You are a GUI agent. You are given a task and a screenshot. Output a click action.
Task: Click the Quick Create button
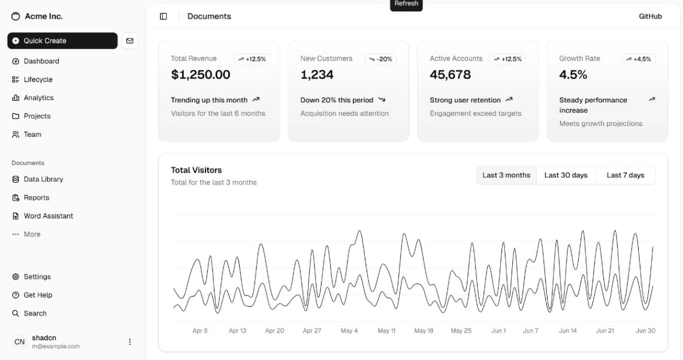tap(62, 41)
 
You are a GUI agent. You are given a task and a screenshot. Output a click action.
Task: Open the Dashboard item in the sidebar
tap(41, 61)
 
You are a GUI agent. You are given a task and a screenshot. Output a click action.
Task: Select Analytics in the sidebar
tap(38, 98)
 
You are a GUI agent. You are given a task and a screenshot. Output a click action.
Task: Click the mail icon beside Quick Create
tap(130, 41)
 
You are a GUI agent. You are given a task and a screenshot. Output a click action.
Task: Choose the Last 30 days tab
tap(566, 175)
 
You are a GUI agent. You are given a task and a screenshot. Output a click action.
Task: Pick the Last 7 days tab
tap(625, 175)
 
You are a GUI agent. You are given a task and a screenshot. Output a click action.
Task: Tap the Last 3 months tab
tap(506, 175)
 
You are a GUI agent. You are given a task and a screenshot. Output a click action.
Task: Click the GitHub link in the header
tap(650, 16)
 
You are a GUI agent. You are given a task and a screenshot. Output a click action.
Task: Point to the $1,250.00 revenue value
tap(200, 75)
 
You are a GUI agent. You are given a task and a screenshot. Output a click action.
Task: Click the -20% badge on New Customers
tap(380, 59)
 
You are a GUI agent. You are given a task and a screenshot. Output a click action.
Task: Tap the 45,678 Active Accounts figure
tap(450, 75)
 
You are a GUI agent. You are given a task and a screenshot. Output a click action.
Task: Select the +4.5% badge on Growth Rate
tap(638, 59)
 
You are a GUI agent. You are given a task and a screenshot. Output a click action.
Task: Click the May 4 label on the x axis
tap(349, 331)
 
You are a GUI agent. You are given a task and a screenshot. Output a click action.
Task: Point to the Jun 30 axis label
tap(645, 331)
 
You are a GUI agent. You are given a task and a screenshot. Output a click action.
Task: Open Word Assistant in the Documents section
tap(48, 216)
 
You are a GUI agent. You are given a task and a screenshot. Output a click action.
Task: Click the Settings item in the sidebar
tap(37, 277)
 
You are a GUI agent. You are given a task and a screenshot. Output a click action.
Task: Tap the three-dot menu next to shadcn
tap(130, 342)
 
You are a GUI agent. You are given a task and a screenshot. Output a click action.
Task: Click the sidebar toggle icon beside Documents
tap(164, 16)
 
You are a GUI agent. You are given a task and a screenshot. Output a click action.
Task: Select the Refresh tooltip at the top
tap(406, 4)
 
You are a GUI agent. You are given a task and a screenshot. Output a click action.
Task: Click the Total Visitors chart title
tap(196, 170)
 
